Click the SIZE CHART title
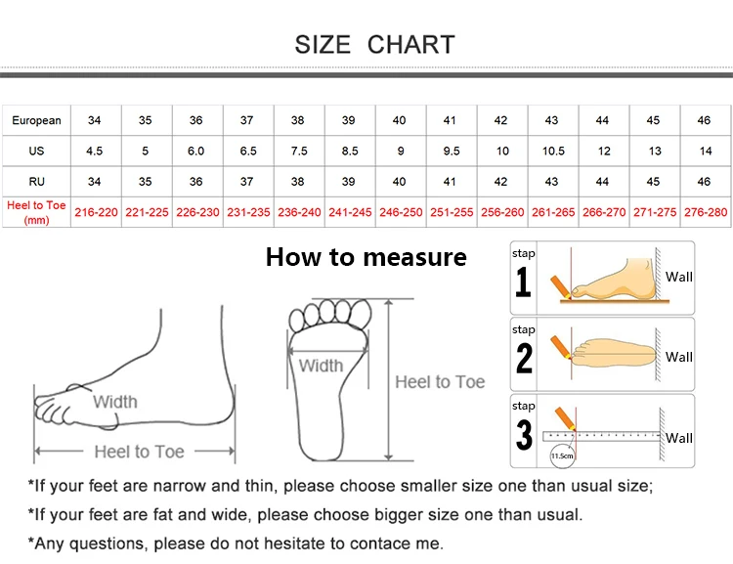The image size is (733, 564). click(374, 44)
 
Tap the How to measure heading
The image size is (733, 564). click(366, 257)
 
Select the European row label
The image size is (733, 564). click(36, 120)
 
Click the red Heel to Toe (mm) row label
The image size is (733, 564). click(36, 212)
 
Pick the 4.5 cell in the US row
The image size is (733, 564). click(95, 152)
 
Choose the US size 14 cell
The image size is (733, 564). click(704, 152)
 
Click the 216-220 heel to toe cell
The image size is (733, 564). click(96, 212)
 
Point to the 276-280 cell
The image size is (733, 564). click(705, 212)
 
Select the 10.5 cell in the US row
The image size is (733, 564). click(552, 152)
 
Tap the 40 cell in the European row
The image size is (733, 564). click(400, 120)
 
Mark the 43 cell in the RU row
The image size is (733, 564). click(552, 182)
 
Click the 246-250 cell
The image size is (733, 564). click(400, 212)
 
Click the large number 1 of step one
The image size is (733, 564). click(524, 282)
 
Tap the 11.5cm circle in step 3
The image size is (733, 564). click(562, 455)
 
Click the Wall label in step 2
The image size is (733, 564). click(679, 357)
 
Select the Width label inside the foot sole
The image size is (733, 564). click(321, 366)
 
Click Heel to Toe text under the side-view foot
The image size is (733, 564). click(139, 452)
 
